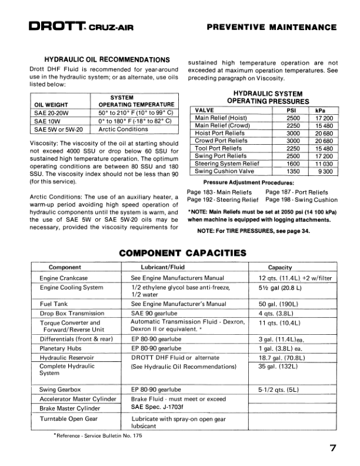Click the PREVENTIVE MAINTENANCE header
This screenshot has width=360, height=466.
coord(272,27)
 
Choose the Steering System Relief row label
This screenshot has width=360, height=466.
coord(226,164)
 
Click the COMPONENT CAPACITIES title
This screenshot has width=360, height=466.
coord(182,253)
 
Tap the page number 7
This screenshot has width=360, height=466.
coord(333,449)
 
